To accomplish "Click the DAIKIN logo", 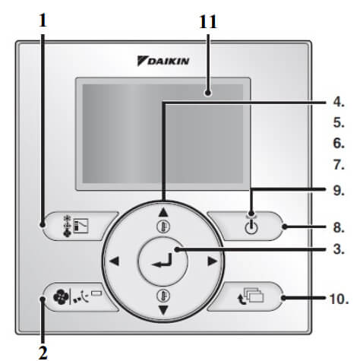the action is click(x=163, y=61).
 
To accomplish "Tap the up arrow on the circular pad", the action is click(x=163, y=212).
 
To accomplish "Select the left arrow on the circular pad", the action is click(x=115, y=261).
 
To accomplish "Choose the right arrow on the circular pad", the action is click(x=212, y=261).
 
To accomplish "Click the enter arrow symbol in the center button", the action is click(x=163, y=261).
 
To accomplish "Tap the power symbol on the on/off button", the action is click(x=251, y=227).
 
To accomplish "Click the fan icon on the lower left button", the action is click(x=61, y=297).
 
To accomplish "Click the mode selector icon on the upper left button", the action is click(x=76, y=226).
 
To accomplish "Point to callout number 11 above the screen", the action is click(x=208, y=22).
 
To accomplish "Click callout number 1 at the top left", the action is click(x=43, y=21).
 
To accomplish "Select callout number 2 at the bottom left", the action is click(x=43, y=352).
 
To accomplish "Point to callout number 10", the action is click(x=339, y=299).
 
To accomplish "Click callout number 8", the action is click(x=339, y=227).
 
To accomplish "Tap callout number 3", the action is click(x=339, y=249).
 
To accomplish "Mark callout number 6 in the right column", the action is click(x=339, y=144).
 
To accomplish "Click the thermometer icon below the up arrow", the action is click(x=163, y=226).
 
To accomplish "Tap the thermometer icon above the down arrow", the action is click(x=163, y=296).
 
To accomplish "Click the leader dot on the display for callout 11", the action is click(x=208, y=93).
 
